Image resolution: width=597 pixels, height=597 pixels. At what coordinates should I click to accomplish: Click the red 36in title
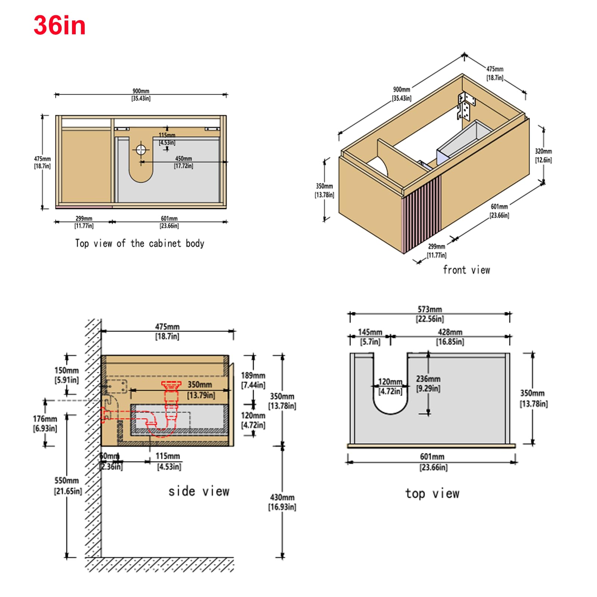point(60,25)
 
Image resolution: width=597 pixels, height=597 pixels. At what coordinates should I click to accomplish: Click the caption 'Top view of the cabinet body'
point(140,244)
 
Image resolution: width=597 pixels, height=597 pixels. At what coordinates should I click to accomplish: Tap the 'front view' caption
point(466,270)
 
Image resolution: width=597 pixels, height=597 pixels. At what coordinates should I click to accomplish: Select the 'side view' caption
point(199,491)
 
